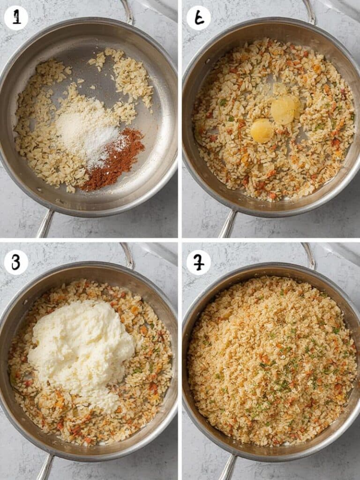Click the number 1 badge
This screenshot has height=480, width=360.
16,18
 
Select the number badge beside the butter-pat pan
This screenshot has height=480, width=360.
198,18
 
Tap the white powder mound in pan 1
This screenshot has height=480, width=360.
89,131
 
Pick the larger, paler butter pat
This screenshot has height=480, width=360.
285,110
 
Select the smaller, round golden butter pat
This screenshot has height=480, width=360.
262,131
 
